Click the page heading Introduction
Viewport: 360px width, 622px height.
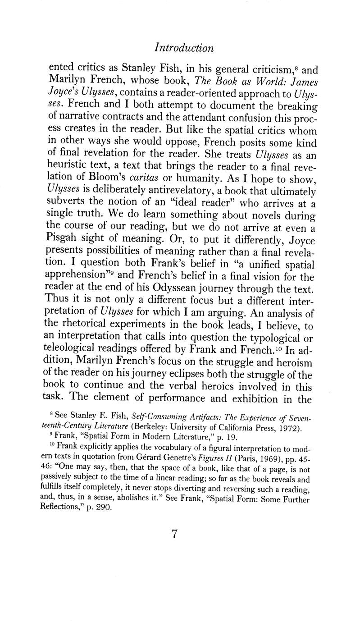pyautogui.click(x=183, y=48)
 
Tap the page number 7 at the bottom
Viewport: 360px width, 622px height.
pyautogui.click(x=176, y=534)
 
